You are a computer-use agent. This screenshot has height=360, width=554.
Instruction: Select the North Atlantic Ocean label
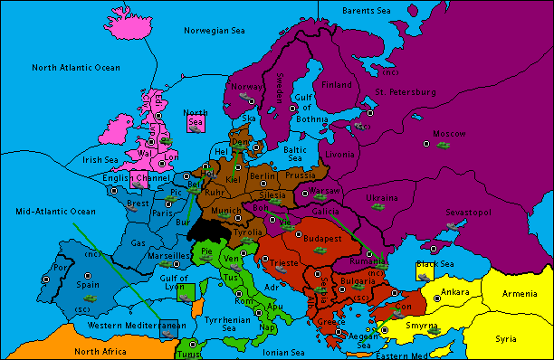point(75,68)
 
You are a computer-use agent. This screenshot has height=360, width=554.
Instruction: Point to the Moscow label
point(448,133)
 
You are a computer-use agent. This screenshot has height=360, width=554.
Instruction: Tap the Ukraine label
point(381,196)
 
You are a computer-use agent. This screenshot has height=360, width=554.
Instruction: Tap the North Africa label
point(101,351)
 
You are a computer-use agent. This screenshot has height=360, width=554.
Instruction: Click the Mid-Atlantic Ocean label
point(55,211)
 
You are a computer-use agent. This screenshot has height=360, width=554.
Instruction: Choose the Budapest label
point(321,238)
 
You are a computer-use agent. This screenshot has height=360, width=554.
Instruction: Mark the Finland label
point(337,85)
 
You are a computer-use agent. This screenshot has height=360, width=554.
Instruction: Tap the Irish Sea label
point(100,159)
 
